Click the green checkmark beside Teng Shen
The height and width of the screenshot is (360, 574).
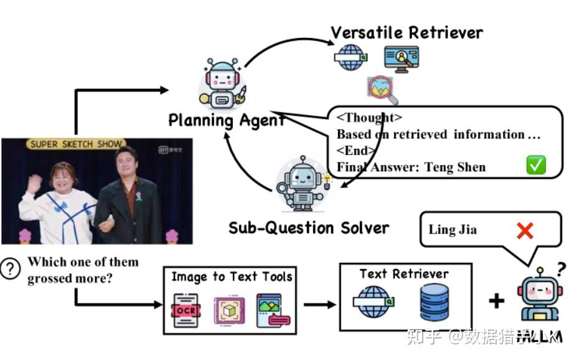click(x=535, y=166)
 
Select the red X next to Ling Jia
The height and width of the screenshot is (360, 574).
click(x=525, y=231)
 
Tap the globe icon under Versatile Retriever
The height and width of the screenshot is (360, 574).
click(x=350, y=57)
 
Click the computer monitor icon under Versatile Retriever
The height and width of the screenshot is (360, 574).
click(x=401, y=59)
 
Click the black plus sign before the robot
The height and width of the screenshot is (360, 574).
click(x=496, y=301)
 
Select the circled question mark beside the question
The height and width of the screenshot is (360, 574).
click(x=10, y=268)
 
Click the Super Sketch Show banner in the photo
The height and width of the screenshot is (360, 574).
click(x=76, y=144)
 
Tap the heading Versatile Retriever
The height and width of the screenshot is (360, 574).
click(x=407, y=32)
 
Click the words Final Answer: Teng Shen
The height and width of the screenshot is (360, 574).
click(x=411, y=167)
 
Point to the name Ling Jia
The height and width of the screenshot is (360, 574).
click(x=453, y=229)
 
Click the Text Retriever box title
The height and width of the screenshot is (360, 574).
click(x=404, y=273)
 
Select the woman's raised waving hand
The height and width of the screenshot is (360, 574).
click(x=34, y=183)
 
